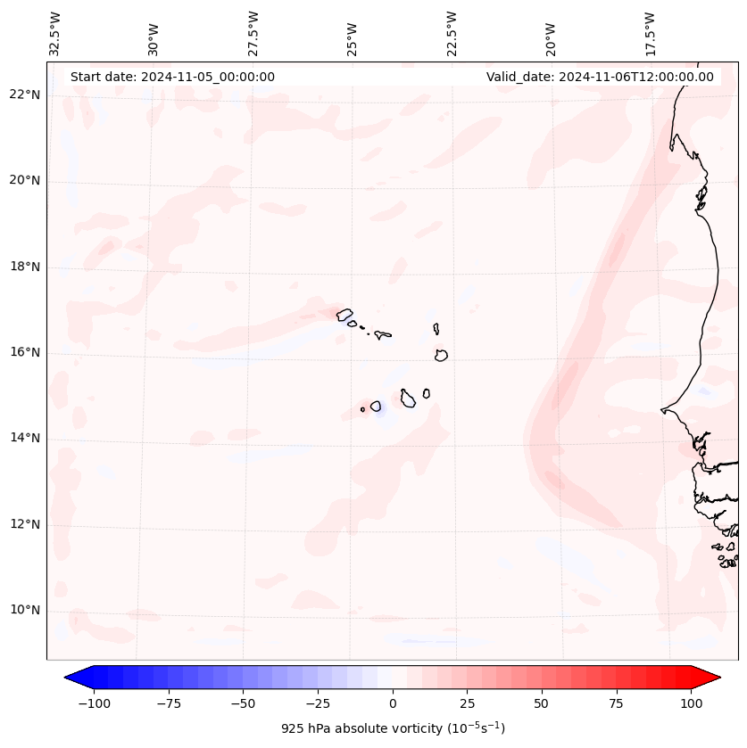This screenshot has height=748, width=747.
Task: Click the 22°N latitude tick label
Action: [25, 95]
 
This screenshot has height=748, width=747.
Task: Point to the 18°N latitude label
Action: [25, 267]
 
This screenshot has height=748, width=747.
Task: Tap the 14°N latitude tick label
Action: [25, 438]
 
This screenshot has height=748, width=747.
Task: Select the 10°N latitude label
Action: [25, 610]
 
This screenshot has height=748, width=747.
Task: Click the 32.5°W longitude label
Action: [55, 34]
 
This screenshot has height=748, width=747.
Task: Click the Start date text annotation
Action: [172, 77]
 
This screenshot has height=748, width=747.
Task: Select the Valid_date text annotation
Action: [600, 77]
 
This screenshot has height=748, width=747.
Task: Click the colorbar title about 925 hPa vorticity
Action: [393, 728]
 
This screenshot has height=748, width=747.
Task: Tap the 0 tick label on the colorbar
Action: [393, 703]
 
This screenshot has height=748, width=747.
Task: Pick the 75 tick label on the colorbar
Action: [617, 703]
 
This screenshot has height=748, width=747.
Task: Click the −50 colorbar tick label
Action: [244, 703]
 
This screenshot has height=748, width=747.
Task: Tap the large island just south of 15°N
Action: [408, 399]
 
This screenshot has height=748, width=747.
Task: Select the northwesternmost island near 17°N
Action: [344, 315]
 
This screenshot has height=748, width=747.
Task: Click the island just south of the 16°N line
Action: [441, 355]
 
